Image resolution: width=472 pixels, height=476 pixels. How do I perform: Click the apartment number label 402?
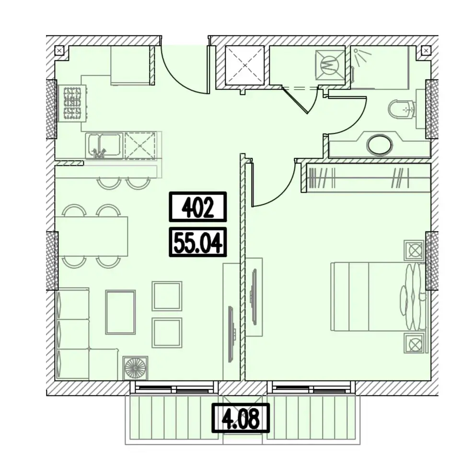click(198, 207)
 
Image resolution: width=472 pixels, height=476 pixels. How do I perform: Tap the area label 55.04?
click(198, 242)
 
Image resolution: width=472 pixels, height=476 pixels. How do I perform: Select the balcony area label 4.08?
click(241, 418)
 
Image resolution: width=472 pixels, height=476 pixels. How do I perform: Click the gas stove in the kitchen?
click(72, 103)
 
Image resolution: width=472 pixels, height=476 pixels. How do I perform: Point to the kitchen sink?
click(104, 145)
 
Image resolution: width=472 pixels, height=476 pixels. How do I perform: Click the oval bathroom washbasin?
click(379, 145)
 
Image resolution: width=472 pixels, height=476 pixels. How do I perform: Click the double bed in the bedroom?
click(379, 296)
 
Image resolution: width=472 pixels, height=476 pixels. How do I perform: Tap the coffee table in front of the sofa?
click(120, 312)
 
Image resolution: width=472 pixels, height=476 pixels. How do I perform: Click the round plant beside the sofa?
click(135, 368)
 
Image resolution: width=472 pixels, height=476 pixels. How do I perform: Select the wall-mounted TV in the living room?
click(232, 334)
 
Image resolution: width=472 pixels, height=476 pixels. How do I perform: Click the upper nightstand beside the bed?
click(414, 250)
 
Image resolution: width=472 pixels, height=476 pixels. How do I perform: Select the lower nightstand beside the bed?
click(414, 343)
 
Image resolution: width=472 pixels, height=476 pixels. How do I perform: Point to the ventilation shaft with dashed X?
click(245, 65)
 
